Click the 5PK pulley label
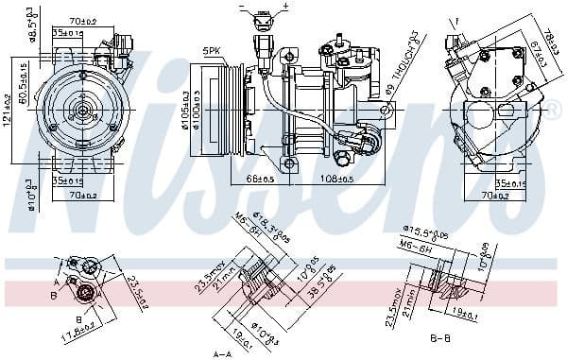[x=211, y=50]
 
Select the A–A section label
[x=223, y=353]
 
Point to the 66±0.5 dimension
[x=259, y=178]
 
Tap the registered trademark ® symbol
[x=556, y=111]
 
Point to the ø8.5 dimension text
[x=30, y=20]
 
